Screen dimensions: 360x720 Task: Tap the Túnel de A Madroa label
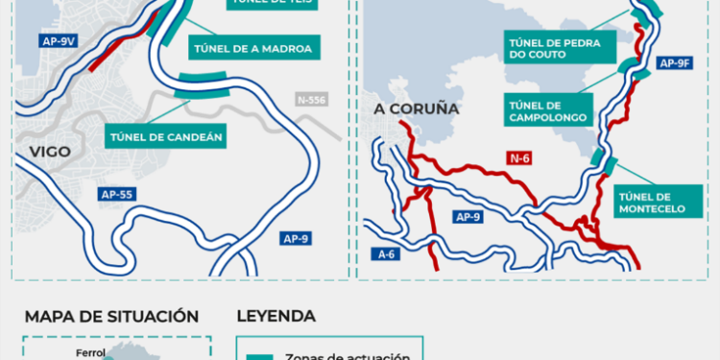[x=255, y=47]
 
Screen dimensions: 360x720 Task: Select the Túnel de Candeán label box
[x=168, y=137]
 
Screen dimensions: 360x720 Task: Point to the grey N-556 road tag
[x=312, y=99]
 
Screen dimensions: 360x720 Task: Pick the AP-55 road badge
[x=116, y=194]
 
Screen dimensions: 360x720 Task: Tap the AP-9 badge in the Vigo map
[x=296, y=238]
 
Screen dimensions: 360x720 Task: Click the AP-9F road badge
[x=675, y=63]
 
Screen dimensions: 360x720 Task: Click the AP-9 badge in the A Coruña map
[x=469, y=217]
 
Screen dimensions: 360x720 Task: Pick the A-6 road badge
[x=387, y=254]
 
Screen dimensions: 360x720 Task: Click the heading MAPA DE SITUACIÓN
[x=111, y=317]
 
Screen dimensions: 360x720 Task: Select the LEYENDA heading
[x=276, y=317]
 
